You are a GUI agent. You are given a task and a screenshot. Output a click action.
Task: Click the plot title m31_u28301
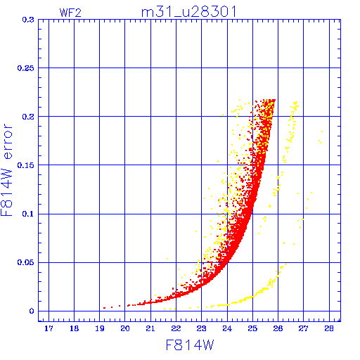click(x=189, y=12)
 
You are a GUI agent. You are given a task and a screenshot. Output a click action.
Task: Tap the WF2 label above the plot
click(x=70, y=13)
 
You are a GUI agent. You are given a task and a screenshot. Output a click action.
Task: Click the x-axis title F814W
click(x=190, y=345)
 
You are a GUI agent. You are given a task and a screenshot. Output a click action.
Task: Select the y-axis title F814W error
click(x=7, y=169)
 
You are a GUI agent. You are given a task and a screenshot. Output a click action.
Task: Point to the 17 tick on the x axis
click(x=49, y=328)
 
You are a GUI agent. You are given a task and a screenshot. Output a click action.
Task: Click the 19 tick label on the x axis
click(x=100, y=328)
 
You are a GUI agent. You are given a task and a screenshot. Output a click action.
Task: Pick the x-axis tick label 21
click(x=150, y=328)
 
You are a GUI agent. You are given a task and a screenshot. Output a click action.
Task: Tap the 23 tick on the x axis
click(x=201, y=328)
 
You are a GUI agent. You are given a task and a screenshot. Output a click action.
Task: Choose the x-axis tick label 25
click(x=252, y=328)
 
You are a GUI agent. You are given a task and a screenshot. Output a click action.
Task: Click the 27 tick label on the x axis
click(x=303, y=328)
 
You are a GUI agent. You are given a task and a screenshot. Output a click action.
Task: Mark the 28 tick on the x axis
click(x=329, y=328)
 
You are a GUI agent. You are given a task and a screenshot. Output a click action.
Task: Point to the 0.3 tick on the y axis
click(x=28, y=20)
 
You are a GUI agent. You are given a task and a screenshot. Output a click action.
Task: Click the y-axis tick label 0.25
click(x=25, y=68)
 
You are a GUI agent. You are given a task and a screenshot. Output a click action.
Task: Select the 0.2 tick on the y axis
click(x=28, y=117)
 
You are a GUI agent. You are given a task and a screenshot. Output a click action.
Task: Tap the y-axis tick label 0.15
click(x=25, y=165)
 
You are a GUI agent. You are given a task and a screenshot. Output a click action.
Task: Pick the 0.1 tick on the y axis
click(x=28, y=214)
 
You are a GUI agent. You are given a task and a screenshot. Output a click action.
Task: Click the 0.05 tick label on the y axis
click(x=25, y=262)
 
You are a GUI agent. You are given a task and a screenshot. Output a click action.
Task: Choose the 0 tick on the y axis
click(x=32, y=311)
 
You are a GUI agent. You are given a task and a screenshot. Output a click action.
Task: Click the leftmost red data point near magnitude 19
click(x=104, y=308)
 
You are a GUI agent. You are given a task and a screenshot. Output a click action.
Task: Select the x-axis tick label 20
click(x=125, y=328)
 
